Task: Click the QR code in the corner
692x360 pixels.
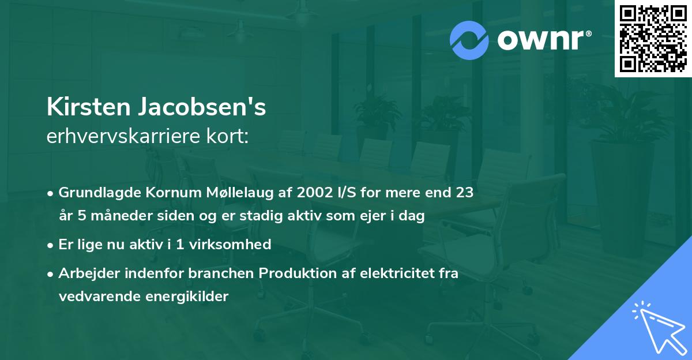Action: (653, 39)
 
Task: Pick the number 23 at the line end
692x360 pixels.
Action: (464, 193)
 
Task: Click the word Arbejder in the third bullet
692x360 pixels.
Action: (84, 273)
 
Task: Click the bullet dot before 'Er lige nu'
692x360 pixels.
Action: (51, 245)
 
